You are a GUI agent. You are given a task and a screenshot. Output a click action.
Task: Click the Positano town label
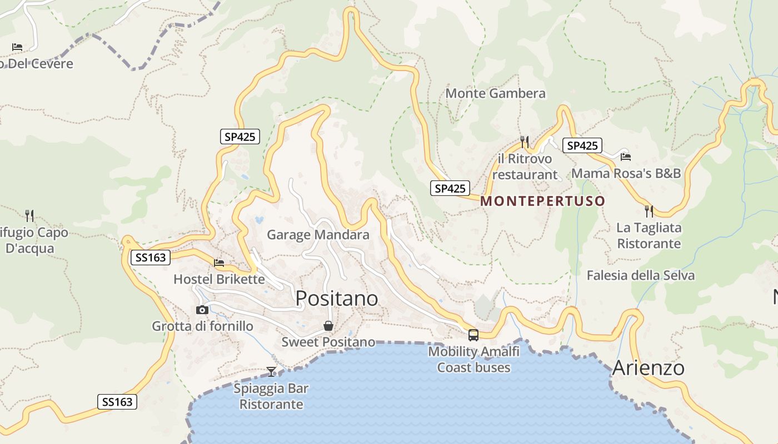point(337,299)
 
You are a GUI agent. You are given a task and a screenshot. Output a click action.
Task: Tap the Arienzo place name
point(648,368)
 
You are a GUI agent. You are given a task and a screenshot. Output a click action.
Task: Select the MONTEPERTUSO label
point(542,201)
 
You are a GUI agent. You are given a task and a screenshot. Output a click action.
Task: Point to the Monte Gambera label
point(495,93)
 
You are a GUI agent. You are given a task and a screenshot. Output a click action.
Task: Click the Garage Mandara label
point(318,235)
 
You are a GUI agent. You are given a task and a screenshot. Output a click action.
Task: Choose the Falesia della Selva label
point(640,275)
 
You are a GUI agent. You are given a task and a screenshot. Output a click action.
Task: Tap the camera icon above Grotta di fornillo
point(202,310)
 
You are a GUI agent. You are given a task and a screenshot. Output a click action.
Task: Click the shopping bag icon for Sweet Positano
point(328,326)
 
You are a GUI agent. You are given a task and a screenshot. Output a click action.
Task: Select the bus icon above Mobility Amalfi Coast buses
point(473,335)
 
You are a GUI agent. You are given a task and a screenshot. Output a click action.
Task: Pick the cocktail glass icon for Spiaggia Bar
point(271,371)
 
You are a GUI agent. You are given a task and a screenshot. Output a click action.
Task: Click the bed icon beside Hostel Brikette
point(220,263)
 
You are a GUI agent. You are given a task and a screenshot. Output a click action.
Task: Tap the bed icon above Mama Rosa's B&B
point(626,157)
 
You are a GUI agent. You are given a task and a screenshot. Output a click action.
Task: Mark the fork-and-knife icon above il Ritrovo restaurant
point(524,142)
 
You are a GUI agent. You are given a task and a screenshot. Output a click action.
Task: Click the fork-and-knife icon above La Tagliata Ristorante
point(649,211)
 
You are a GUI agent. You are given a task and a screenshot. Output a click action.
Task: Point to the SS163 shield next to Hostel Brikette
point(150,258)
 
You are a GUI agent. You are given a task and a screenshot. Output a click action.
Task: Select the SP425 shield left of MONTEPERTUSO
point(450,188)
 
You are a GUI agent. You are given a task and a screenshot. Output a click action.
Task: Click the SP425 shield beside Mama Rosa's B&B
point(582,145)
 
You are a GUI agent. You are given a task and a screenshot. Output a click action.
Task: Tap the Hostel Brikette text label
point(219,279)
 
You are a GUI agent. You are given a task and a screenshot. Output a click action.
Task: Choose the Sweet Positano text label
point(328,342)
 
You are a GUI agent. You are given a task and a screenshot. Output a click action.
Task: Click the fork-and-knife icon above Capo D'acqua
point(29,215)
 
